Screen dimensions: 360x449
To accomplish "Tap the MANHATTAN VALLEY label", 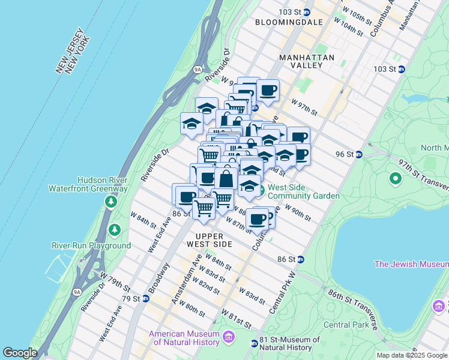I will (307, 62).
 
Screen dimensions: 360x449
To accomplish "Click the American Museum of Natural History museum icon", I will (228, 338).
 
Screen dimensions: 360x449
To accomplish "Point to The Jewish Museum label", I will (411, 264).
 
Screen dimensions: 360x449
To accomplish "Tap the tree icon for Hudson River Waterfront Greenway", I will (110, 201).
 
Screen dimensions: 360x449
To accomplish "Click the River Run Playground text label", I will (91, 245).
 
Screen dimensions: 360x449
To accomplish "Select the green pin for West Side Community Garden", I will (261, 191).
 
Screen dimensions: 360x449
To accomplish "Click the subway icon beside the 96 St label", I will (359, 154).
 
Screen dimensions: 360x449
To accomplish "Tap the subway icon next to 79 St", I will (145, 298).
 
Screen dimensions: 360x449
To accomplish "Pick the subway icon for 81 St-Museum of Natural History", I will (255, 343).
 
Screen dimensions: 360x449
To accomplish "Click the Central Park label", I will (345, 325).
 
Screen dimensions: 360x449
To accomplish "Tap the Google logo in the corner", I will (20, 353).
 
